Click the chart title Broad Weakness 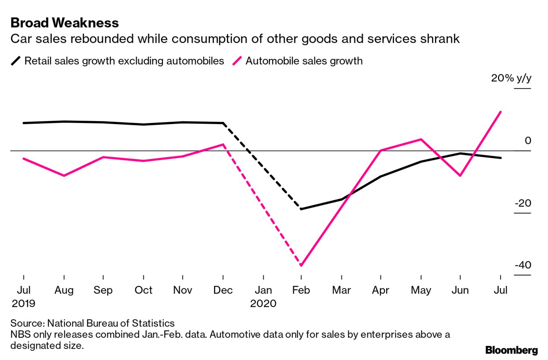(64, 23)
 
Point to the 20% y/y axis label (511, 78)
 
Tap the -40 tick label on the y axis (523, 265)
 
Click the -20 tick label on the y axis (523, 203)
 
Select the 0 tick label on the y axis (527, 140)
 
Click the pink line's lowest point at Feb (301, 265)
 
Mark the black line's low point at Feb (301, 209)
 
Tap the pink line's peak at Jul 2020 (500, 112)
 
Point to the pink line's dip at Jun (460, 176)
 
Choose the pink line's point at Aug (64, 176)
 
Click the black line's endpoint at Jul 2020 (500, 158)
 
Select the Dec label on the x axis (223, 290)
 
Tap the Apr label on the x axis (380, 290)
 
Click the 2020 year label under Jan (263, 303)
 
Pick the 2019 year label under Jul (23, 303)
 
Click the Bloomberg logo (511, 350)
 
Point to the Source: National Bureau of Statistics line (92, 323)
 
